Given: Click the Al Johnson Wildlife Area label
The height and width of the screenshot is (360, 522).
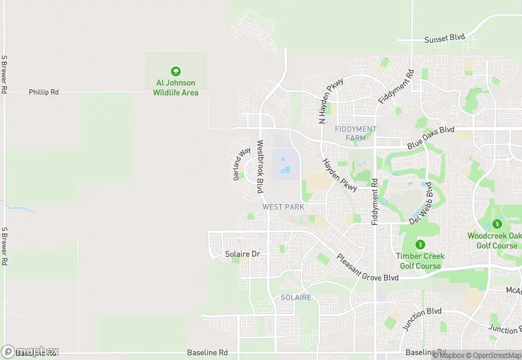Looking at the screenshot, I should click(x=175, y=88).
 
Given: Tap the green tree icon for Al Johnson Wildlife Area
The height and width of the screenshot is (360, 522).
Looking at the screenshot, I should click(x=175, y=71).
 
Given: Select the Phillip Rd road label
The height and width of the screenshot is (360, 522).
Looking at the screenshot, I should click(x=44, y=91).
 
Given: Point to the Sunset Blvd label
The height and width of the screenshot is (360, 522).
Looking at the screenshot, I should click(x=445, y=38).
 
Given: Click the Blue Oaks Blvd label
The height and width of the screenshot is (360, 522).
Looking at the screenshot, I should click(x=431, y=137).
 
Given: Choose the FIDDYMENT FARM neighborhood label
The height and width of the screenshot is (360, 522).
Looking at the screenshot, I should click(x=355, y=133).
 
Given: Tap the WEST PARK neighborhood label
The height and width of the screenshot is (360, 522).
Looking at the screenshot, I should click(x=283, y=207).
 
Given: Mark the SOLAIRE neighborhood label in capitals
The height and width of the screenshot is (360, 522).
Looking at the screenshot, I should click(x=296, y=297).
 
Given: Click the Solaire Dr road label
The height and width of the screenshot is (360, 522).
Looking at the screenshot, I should click(x=243, y=254).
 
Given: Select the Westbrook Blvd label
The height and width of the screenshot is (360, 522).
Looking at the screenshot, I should click(x=261, y=167).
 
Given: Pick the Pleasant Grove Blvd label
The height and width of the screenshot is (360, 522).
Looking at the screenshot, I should click(x=367, y=268).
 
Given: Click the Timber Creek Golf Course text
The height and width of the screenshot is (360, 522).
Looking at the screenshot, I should click(x=420, y=261).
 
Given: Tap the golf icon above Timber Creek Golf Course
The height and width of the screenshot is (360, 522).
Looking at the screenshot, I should click(x=420, y=245).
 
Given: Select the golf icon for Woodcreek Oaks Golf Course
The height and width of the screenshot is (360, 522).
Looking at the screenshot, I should click(x=497, y=224).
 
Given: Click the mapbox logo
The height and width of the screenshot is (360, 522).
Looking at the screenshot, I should click(x=31, y=350).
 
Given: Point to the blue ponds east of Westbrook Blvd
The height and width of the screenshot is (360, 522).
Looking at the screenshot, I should click(x=284, y=166).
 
